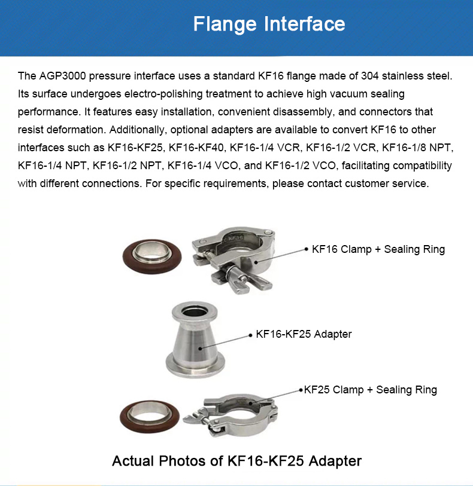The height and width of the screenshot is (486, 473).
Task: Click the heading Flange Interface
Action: pyautogui.click(x=269, y=24)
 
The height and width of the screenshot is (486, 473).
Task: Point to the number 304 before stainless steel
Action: pyautogui.click(x=369, y=76)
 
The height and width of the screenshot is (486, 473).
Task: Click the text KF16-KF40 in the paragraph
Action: pyautogui.click(x=196, y=148)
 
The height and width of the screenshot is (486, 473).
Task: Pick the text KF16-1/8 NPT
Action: pyautogui.click(x=417, y=148)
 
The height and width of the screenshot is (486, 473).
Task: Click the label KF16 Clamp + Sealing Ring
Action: pyautogui.click(x=378, y=249)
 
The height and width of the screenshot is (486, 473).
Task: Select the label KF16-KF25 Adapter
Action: pyautogui.click(x=304, y=334)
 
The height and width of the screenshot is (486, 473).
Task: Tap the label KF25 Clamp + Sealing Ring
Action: pyautogui.click(x=370, y=390)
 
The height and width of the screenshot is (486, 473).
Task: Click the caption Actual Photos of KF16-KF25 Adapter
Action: pyautogui.click(x=236, y=461)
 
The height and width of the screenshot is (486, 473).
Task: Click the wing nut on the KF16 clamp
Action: pyautogui.click(x=238, y=279)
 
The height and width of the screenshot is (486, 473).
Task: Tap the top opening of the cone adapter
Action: pyautogui.click(x=195, y=311)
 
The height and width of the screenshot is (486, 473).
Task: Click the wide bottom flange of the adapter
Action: pyautogui.click(x=195, y=366)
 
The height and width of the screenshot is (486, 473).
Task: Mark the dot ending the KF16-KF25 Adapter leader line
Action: pyautogui.click(x=250, y=335)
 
